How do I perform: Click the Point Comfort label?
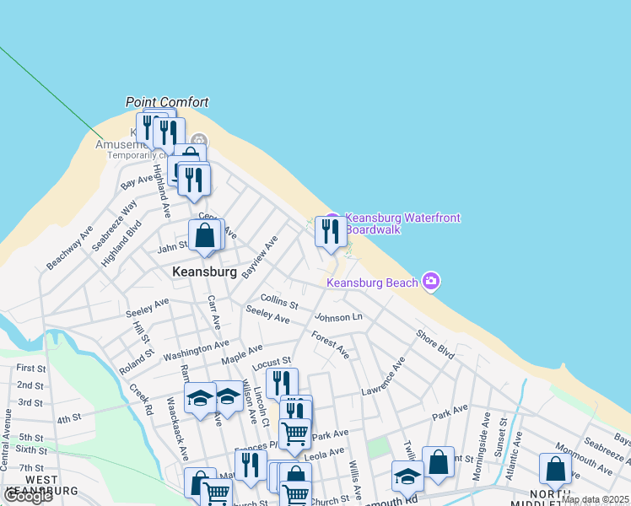pos(167,102)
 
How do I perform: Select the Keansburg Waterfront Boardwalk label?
pos(402,223)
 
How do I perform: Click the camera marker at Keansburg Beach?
pos(431,281)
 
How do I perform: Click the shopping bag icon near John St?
pos(205,235)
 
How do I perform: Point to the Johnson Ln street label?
pos(338,317)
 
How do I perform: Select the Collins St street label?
pos(279,300)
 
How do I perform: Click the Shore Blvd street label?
pos(434,344)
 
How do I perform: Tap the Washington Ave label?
pos(196,348)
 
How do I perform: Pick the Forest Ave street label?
pos(330,344)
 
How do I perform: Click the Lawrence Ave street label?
pos(384,376)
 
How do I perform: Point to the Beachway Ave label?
pos(70,248)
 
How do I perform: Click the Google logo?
pos(27,496)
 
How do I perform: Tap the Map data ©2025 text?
pos(596,499)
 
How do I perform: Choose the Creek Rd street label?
pos(141,399)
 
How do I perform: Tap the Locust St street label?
pos(271,363)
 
